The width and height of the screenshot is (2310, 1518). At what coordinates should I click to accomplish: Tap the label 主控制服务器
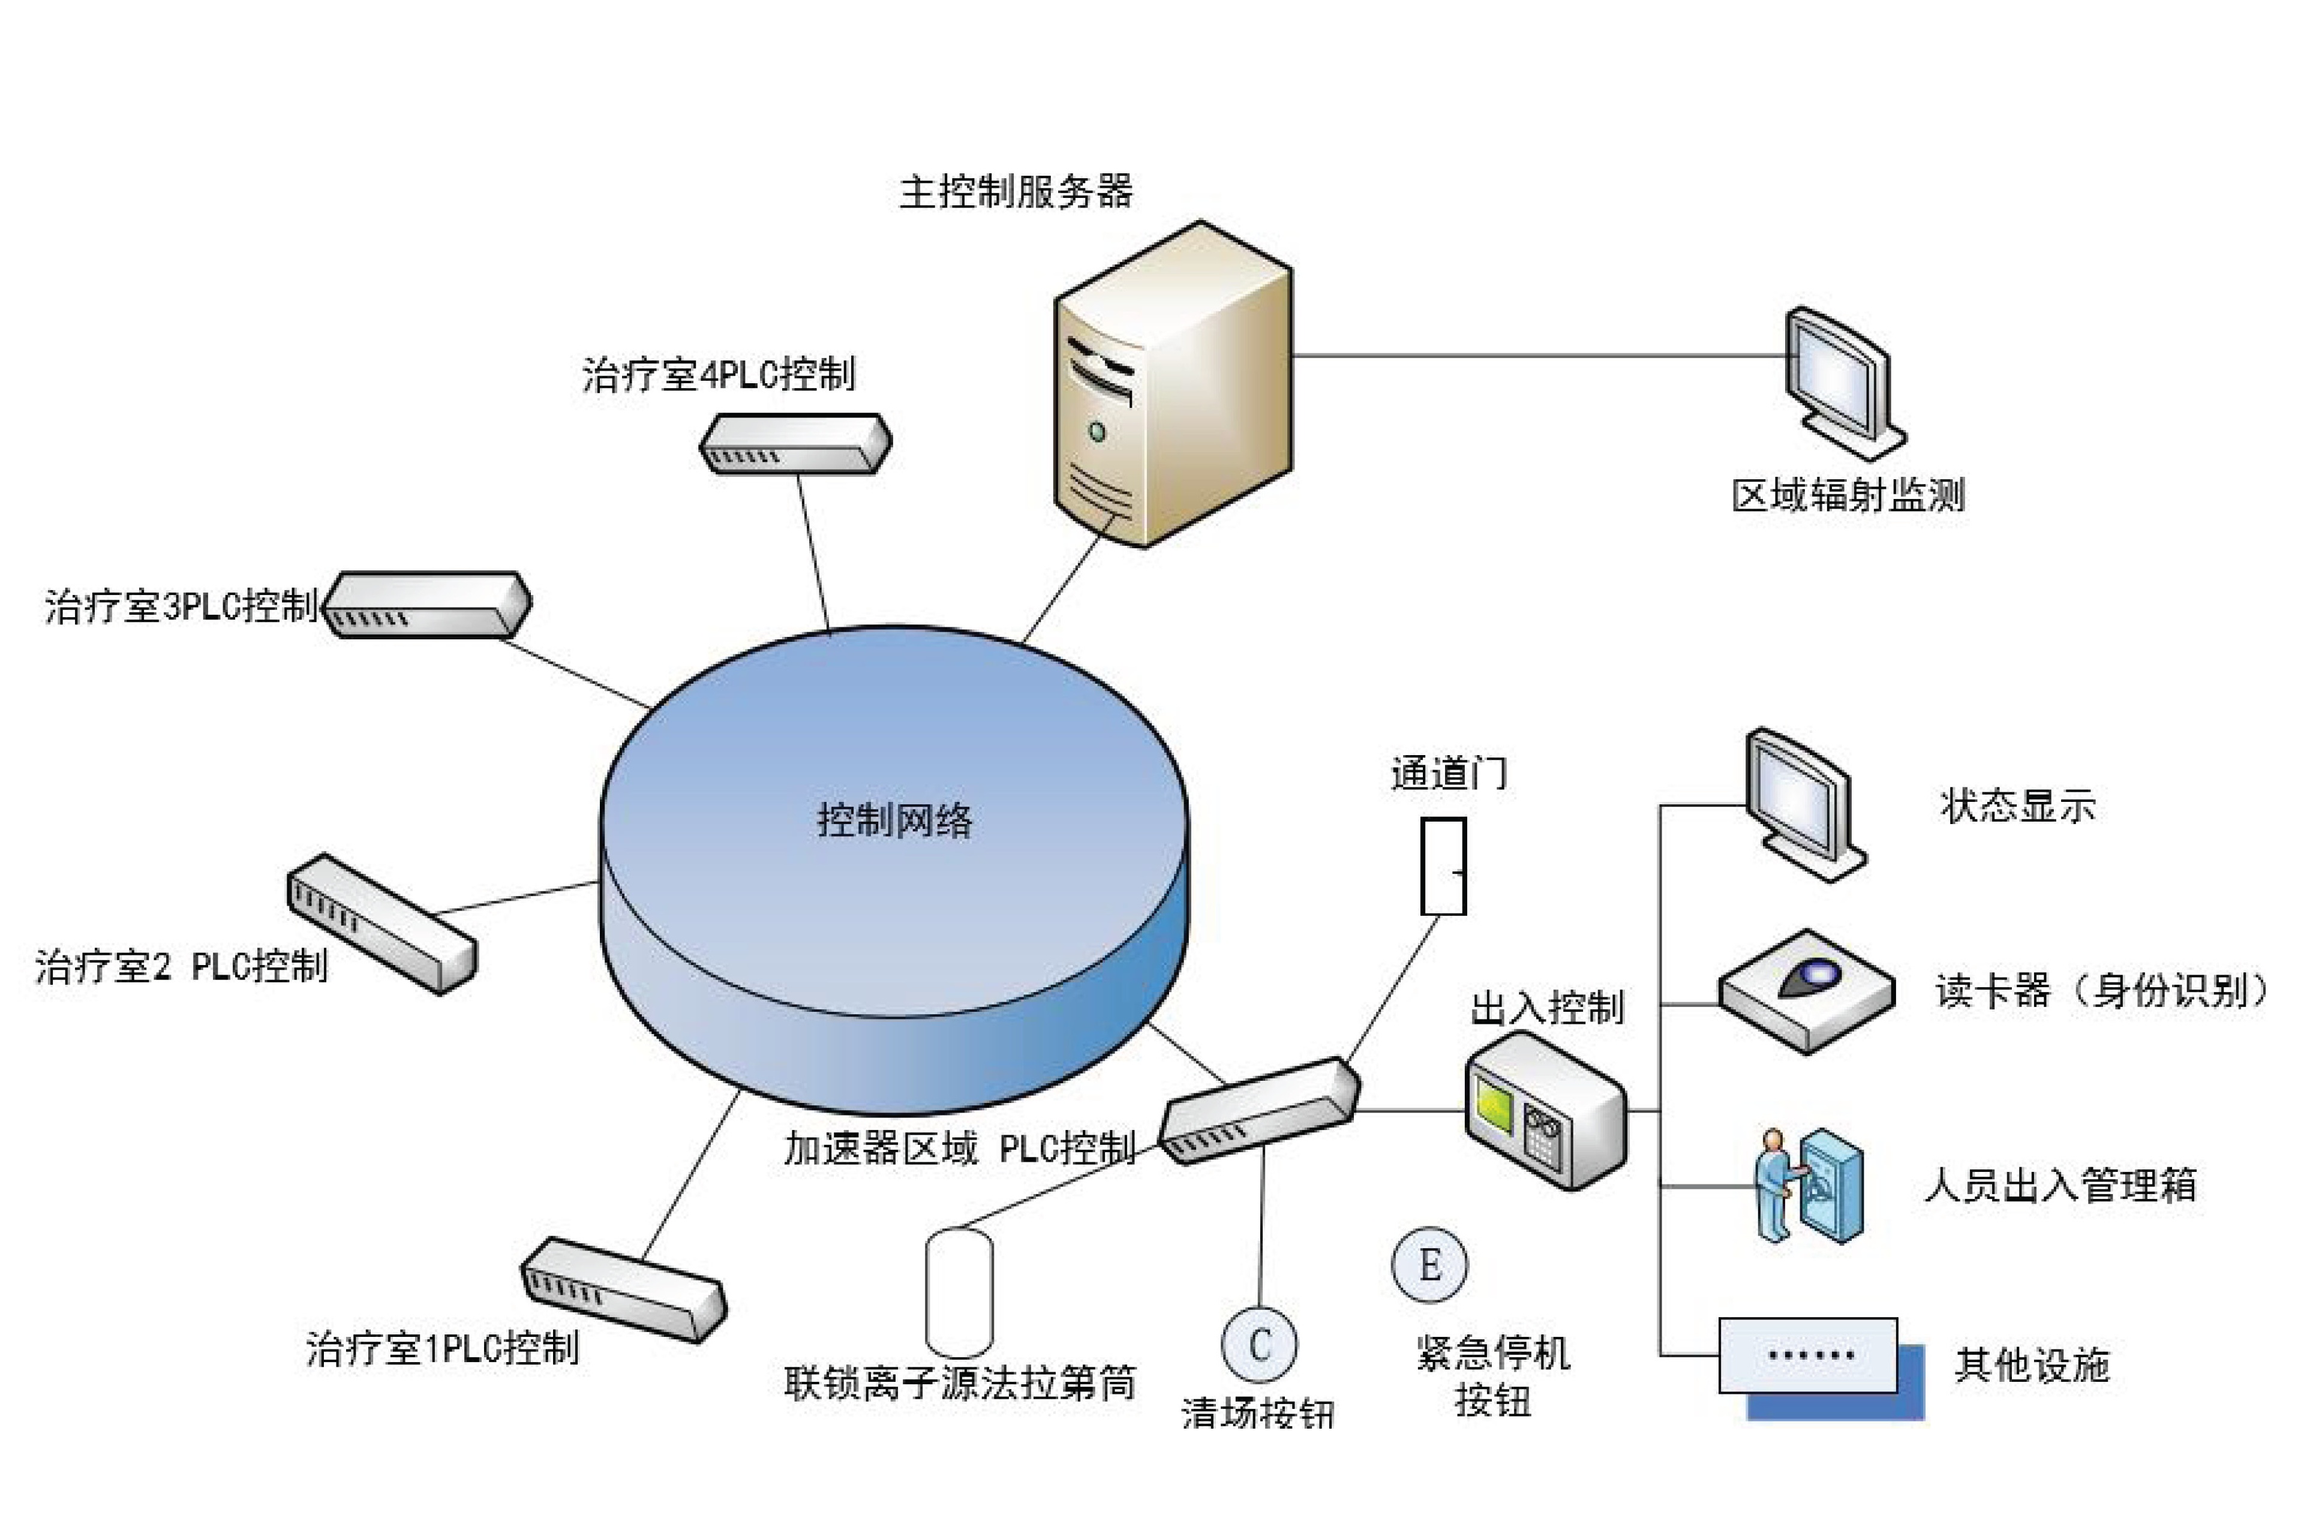point(1015,191)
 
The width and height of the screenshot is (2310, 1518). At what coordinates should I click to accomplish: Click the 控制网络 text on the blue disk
point(894,820)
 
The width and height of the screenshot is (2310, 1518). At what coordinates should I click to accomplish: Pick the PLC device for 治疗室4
point(795,444)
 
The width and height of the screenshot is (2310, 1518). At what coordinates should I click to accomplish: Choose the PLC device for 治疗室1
point(624,1289)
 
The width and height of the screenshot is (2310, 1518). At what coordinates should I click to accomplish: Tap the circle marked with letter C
point(1259,1344)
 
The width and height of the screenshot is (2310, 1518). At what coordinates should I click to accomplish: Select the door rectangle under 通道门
point(1443,866)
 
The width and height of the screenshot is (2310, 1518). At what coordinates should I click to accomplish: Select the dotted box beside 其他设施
point(1807,1355)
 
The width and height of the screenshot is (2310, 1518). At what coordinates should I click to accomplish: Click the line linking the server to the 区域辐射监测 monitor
point(1539,355)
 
